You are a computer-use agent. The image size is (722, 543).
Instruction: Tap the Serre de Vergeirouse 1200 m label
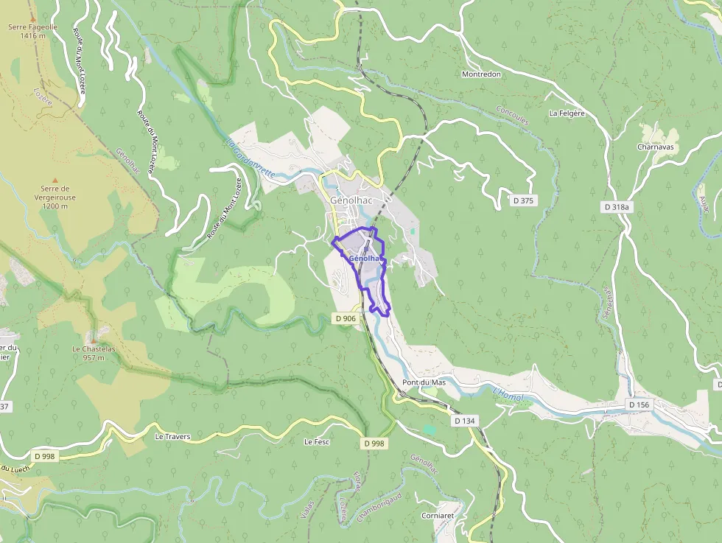pyautogui.click(x=55, y=197)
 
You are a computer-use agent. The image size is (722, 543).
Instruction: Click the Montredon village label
pyautogui.click(x=481, y=74)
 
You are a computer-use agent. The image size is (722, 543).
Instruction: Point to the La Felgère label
pyautogui.click(x=567, y=113)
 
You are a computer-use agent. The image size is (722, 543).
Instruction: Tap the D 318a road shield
pyautogui.click(x=616, y=207)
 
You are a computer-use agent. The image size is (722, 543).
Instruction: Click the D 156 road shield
pyautogui.click(x=639, y=404)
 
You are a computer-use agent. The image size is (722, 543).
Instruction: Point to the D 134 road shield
pyautogui.click(x=465, y=420)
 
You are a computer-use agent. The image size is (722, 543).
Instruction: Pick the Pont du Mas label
pyautogui.click(x=424, y=383)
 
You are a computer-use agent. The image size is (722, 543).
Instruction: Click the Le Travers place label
pyautogui.click(x=172, y=436)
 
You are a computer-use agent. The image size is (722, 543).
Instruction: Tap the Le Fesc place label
pyautogui.click(x=317, y=442)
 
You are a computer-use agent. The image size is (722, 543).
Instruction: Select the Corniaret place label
pyautogui.click(x=438, y=516)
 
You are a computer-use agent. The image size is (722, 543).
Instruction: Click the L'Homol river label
pyautogui.click(x=507, y=396)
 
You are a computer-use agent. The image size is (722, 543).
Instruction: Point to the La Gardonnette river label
pyautogui.click(x=250, y=158)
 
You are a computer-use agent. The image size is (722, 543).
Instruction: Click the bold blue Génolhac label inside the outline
pyautogui.click(x=366, y=259)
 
